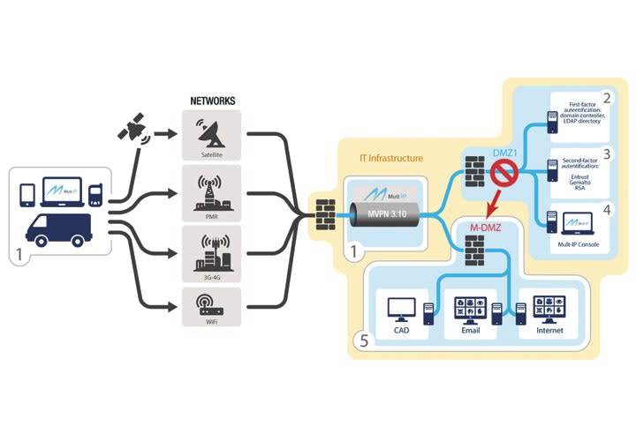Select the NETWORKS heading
(x=212, y=101)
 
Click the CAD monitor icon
(x=402, y=310)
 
